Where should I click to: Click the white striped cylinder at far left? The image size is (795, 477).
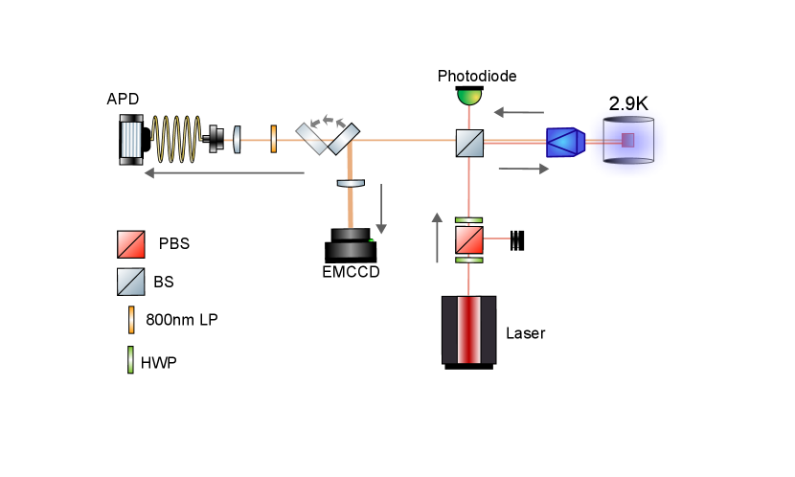131,140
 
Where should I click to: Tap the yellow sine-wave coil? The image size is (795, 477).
176,140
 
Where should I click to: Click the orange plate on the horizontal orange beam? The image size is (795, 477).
274,139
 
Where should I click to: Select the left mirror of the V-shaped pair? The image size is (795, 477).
311,139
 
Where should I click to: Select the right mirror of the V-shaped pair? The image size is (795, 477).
343,139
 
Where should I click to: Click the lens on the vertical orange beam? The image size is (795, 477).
351,183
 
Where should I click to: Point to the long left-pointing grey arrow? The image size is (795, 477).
224,173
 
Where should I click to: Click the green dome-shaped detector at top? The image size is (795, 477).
469,97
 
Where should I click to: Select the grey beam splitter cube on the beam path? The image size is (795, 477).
469,143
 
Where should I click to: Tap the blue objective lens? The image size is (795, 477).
564,143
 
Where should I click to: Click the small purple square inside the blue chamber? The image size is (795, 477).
627,141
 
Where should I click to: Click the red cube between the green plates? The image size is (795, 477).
469,239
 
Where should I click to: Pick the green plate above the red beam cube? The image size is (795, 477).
469,220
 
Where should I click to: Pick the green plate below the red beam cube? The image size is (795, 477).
469,260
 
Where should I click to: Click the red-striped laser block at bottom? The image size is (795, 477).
469,329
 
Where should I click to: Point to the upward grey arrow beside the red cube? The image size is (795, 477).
437,238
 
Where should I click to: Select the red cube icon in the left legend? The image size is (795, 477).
131,244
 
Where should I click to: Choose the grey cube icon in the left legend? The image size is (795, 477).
131,282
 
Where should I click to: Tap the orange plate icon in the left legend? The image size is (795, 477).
131,320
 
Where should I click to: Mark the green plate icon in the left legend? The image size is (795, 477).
131,359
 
